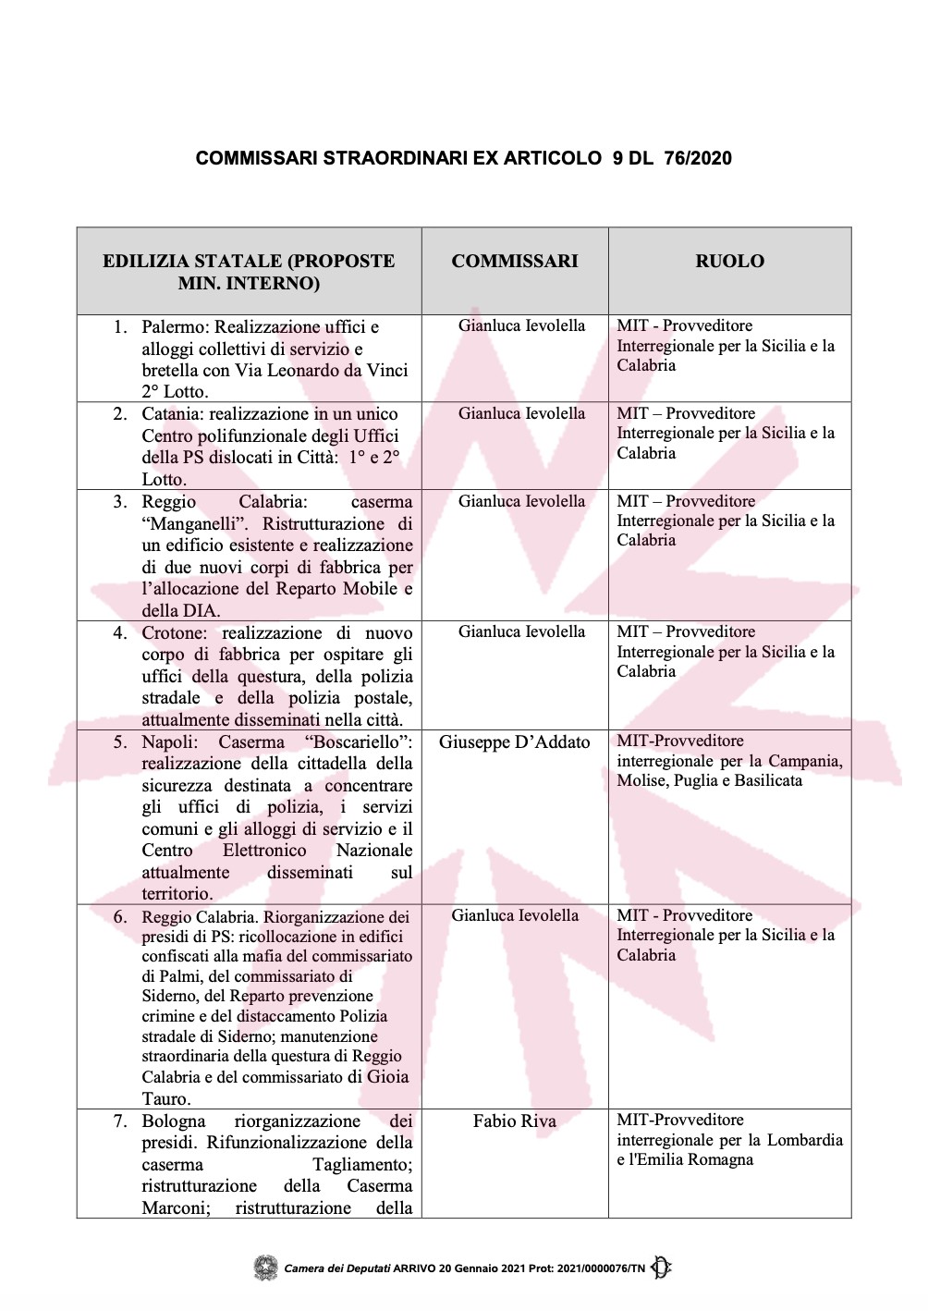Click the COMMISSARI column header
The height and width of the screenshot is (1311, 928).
point(515,262)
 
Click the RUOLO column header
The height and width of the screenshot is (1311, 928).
point(729,262)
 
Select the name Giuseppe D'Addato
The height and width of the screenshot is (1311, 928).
point(514,742)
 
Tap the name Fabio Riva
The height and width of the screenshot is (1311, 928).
point(514,1121)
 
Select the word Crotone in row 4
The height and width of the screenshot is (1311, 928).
point(174,633)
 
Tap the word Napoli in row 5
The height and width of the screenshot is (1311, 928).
point(169,742)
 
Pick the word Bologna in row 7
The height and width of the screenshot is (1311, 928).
point(174,1121)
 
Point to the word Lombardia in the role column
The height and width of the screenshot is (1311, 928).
point(805,1140)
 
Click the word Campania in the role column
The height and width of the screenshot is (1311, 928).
point(805,761)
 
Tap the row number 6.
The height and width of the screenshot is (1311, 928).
point(120,917)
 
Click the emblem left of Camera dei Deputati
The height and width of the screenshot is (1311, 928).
point(266,1268)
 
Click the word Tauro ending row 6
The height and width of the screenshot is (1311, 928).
point(165,1099)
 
